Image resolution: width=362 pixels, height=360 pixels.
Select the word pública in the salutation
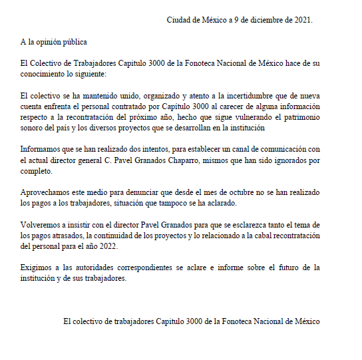(x=73, y=42)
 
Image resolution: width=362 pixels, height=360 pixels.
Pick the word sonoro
(x=33, y=128)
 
